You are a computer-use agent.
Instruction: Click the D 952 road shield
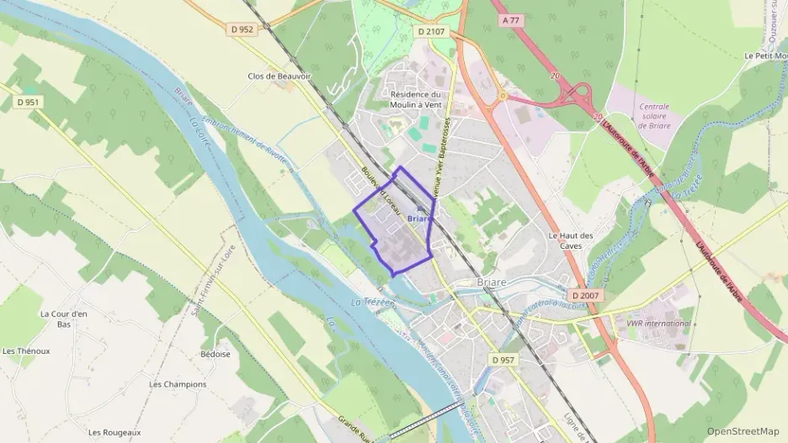coord(241,29)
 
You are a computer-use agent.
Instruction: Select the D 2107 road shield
coord(431,32)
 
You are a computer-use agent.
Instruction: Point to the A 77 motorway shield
coord(510,18)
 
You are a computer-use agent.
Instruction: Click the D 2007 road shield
coord(584,296)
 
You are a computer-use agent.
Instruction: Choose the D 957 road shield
coord(503,360)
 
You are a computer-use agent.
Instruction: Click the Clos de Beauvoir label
coord(280,76)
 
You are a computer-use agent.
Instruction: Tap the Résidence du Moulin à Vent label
coord(417,100)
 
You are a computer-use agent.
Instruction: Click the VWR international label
coord(658,323)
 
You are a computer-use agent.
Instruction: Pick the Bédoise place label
coord(216,355)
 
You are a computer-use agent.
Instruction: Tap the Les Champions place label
coord(178,384)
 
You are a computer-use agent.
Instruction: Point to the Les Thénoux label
coord(26,351)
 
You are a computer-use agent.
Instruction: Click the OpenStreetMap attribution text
coord(743,431)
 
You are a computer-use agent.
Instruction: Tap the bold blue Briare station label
coord(418,219)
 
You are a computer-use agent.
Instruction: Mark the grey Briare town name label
coord(491,282)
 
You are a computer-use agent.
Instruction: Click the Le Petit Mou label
coord(765,55)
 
